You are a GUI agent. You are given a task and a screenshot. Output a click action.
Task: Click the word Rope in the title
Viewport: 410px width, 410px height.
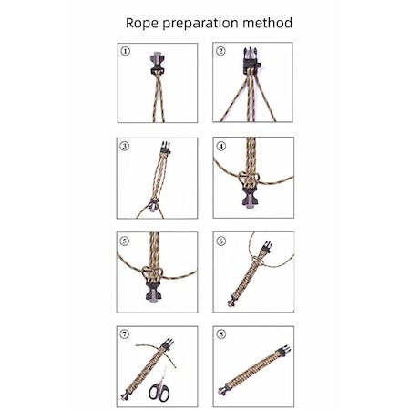click(x=142, y=24)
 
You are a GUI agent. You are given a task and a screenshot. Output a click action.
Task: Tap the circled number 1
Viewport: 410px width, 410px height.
click(x=125, y=51)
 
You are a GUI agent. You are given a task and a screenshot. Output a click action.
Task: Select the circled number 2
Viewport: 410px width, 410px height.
click(x=220, y=51)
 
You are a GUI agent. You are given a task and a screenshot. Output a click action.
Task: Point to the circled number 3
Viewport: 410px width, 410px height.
click(x=125, y=146)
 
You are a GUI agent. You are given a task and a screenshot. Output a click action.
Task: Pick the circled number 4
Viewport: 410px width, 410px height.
click(x=221, y=146)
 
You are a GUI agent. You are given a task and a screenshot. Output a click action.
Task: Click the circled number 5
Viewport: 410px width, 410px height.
click(x=125, y=241)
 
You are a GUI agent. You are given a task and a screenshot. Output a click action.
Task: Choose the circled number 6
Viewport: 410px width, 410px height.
click(x=221, y=241)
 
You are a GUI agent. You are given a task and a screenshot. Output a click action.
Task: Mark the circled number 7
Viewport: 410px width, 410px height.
click(x=125, y=334)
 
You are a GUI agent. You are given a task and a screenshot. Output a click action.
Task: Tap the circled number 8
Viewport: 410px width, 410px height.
click(x=221, y=334)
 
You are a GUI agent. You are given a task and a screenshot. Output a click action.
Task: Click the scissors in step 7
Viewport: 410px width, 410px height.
click(x=160, y=385)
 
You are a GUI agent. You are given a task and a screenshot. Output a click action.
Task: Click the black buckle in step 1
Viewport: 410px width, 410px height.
click(x=158, y=64)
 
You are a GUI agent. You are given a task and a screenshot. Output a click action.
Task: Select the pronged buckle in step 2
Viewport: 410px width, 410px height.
click(x=251, y=59)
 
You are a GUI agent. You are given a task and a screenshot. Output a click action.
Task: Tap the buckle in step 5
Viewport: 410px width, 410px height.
click(x=154, y=292)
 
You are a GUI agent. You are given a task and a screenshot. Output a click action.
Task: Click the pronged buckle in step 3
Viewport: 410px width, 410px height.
click(x=165, y=148)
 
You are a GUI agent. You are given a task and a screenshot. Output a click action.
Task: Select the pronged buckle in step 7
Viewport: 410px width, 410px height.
click(x=168, y=344)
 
